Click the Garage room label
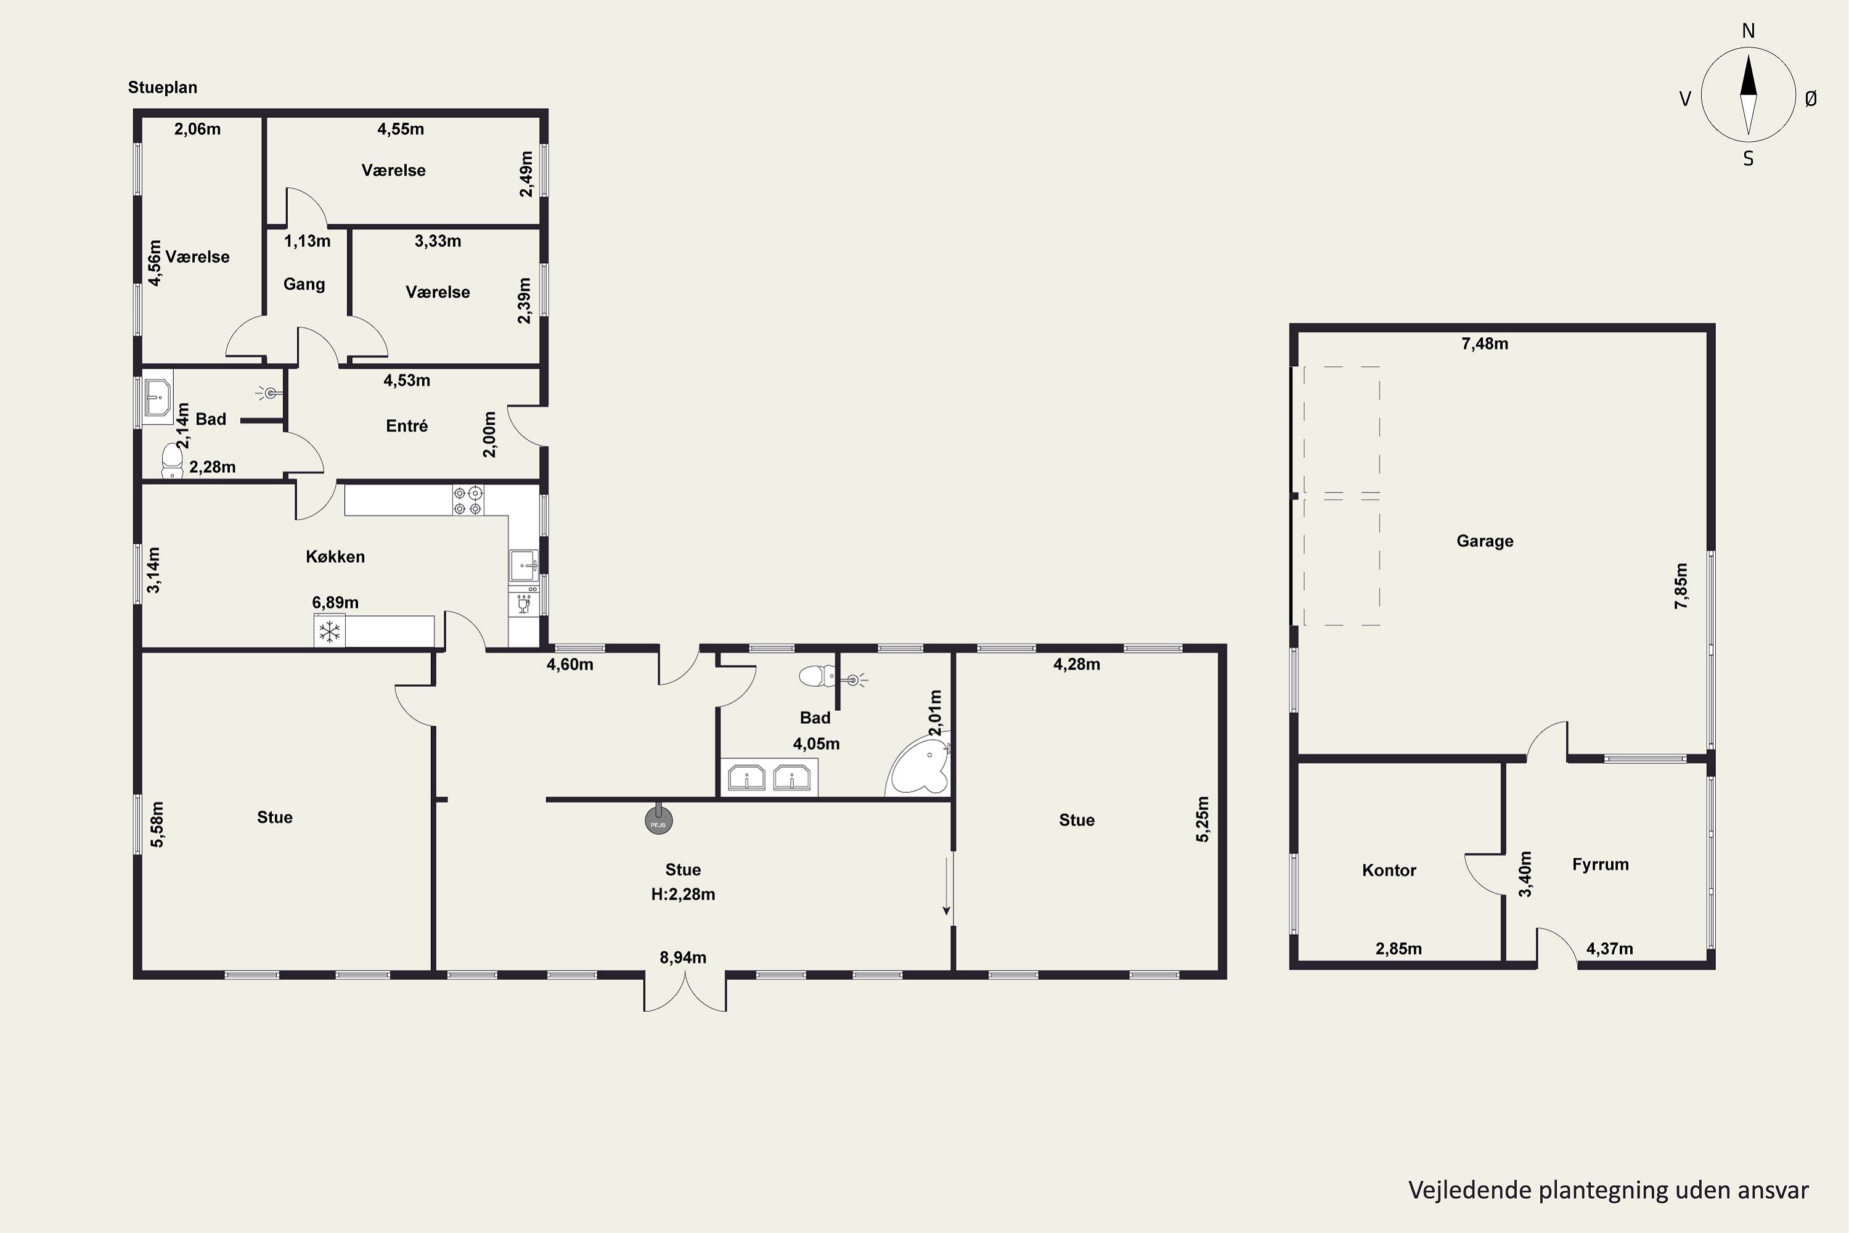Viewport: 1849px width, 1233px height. [1484, 541]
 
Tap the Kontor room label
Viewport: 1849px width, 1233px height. [1389, 870]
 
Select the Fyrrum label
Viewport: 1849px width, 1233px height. [1601, 865]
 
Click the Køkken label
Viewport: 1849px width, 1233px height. [335, 557]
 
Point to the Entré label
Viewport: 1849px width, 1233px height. [406, 426]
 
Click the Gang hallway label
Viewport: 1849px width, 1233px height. [304, 285]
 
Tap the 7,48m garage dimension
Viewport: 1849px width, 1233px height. [1484, 343]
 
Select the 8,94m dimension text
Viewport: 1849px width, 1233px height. [682, 958]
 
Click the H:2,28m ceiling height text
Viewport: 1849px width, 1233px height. [682, 894]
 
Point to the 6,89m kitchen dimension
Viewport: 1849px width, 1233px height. [335, 603]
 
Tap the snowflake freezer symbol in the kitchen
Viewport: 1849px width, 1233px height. [329, 631]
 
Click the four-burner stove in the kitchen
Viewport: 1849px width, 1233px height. [468, 501]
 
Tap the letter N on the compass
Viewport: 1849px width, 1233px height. [1749, 31]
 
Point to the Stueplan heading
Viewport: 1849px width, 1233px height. [163, 88]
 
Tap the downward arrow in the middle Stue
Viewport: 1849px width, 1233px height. [947, 884]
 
